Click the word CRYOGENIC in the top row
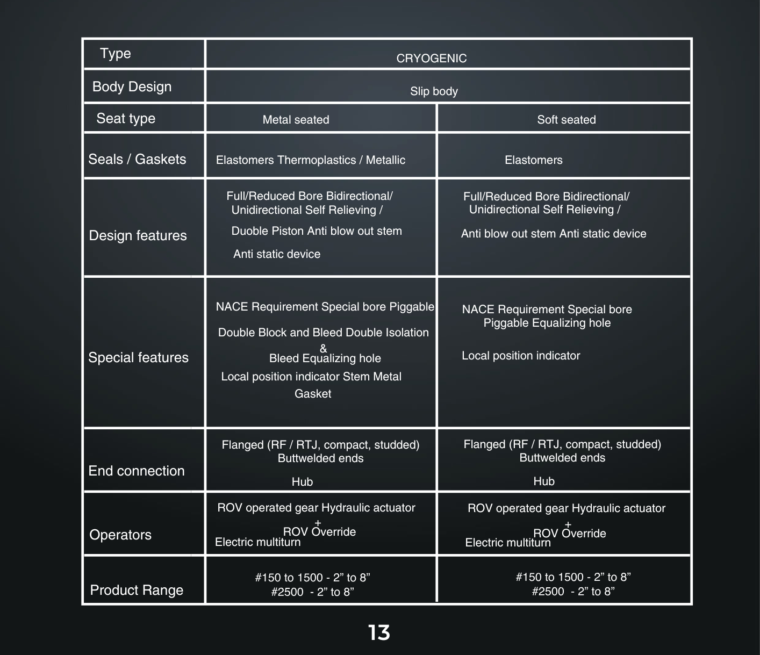[x=431, y=59]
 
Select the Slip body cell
[x=434, y=91]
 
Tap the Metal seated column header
[x=296, y=119]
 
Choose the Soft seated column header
[x=566, y=119]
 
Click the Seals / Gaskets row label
[x=137, y=159]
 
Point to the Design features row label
[x=138, y=235]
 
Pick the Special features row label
[x=138, y=357]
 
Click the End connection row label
[x=137, y=471]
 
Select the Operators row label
[x=120, y=535]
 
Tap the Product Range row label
[x=137, y=590]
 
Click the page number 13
[x=379, y=632]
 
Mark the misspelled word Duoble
[x=249, y=231]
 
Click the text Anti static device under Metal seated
[x=276, y=254]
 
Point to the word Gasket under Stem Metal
[x=313, y=394]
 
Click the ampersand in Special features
[x=323, y=348]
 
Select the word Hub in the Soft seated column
[x=544, y=481]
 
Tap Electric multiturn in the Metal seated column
[x=258, y=542]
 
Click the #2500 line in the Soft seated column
[x=573, y=591]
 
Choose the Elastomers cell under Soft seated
[x=534, y=160]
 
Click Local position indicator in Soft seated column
[x=521, y=355]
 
